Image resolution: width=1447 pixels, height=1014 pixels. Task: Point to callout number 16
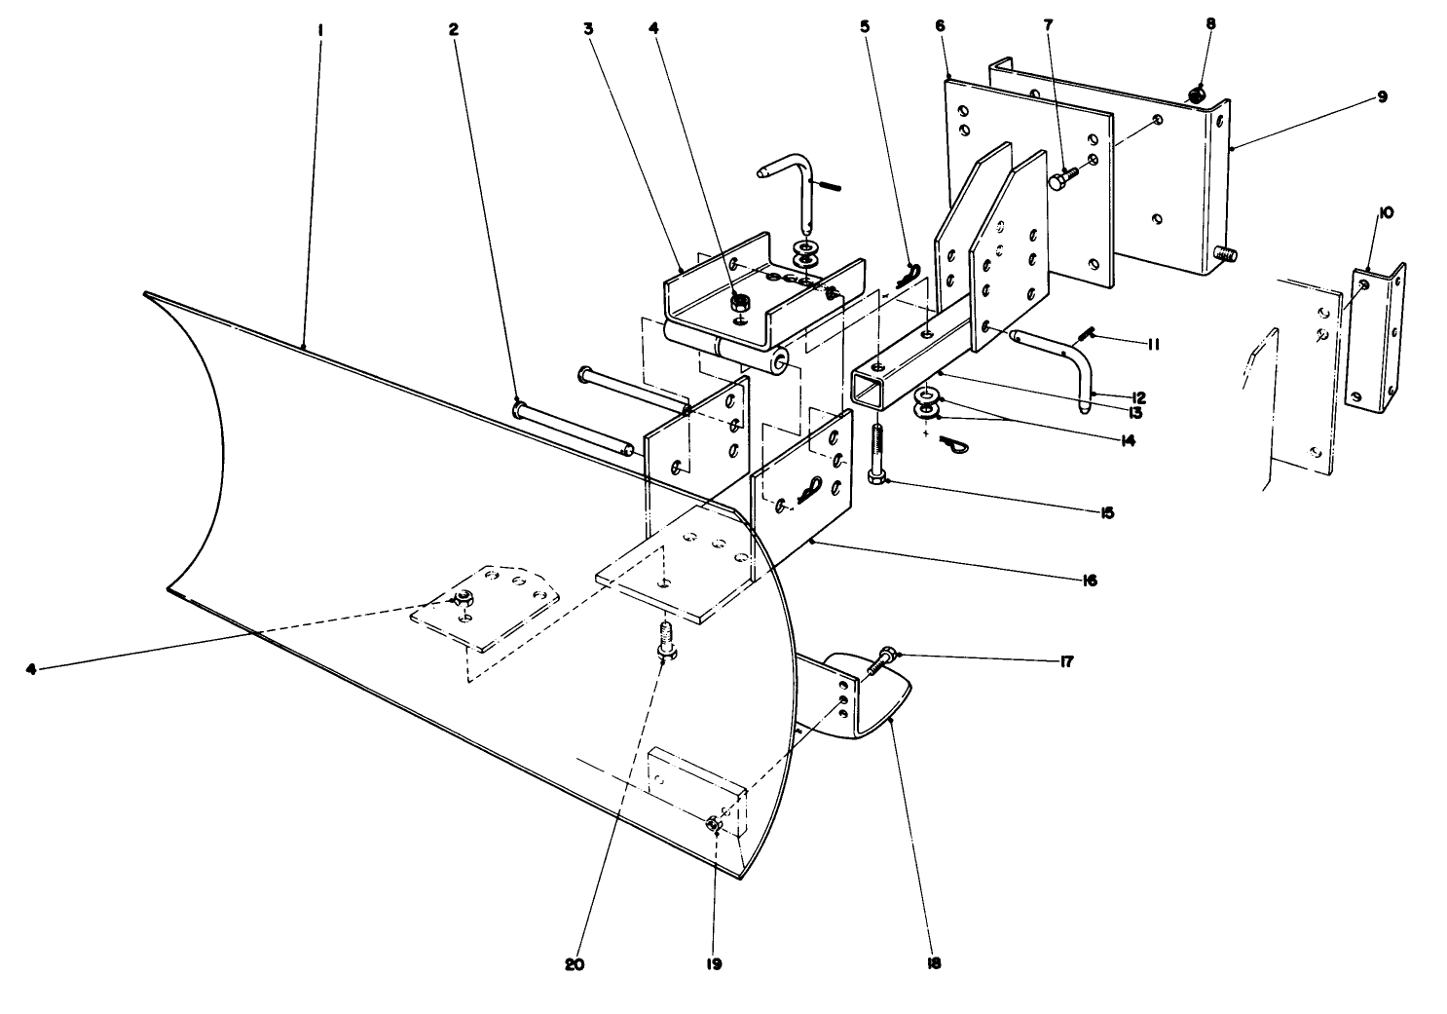pos(1088,581)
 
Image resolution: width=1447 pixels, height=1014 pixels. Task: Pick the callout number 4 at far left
pos(31,669)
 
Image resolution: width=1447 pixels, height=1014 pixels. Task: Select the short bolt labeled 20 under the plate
pos(666,639)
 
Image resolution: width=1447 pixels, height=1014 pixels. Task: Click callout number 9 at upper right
pos(1381,97)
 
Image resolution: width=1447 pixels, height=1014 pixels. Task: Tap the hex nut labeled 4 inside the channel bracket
pos(739,301)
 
